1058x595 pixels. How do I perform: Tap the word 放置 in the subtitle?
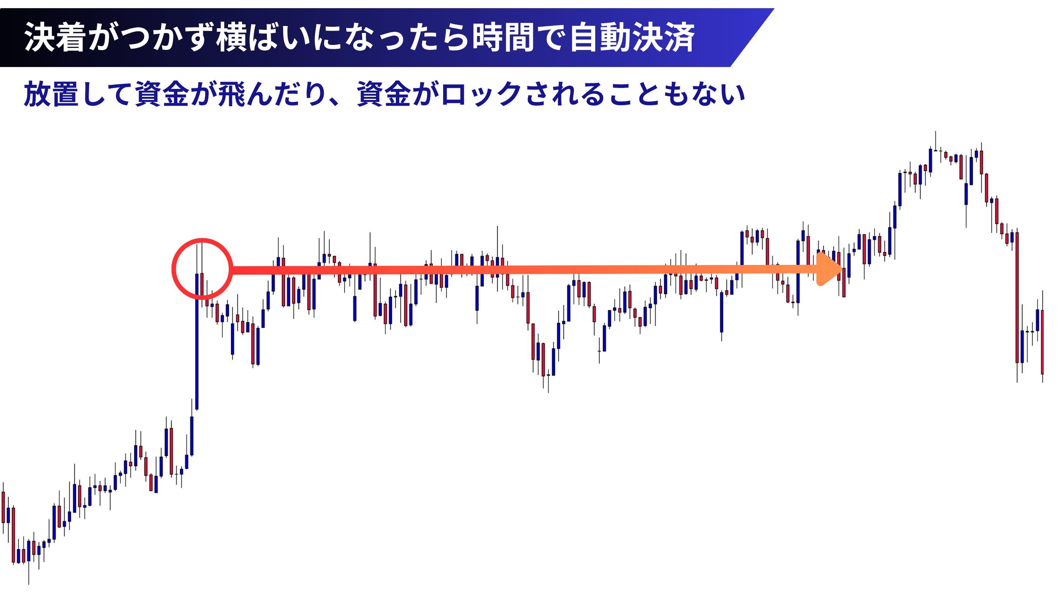52,94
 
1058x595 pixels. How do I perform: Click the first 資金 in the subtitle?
162,94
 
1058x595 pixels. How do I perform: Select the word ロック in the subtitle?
481,94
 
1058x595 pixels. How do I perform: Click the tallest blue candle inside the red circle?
197,341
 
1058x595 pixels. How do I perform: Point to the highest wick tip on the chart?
936,131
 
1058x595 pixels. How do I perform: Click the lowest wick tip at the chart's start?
29,584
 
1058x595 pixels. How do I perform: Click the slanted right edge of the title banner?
752,38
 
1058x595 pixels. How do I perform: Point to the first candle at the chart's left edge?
3,507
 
